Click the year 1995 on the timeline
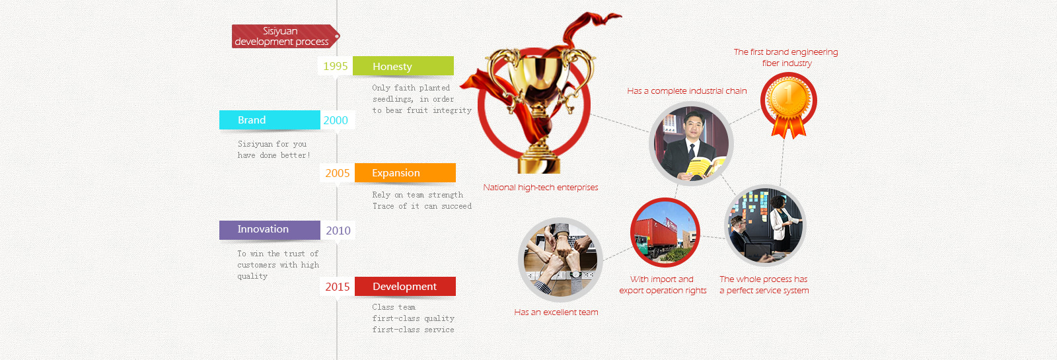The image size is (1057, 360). pyautogui.click(x=336, y=66)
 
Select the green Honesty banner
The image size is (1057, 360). pyautogui.click(x=404, y=66)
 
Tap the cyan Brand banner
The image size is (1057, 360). pyautogui.click(x=270, y=120)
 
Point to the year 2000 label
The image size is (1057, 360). pyautogui.click(x=336, y=120)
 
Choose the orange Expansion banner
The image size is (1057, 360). pyautogui.click(x=406, y=172)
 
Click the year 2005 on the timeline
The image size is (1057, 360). pyautogui.click(x=338, y=173)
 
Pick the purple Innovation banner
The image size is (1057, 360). pyautogui.click(x=270, y=230)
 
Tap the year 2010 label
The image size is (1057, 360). pyautogui.click(x=338, y=231)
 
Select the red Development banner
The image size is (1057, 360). pyautogui.click(x=406, y=287)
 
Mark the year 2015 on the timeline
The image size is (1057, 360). pyautogui.click(x=338, y=287)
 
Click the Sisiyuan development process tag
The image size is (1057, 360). pyautogui.click(x=285, y=36)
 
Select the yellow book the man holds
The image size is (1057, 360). pyautogui.click(x=704, y=168)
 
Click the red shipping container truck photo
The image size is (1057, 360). pyautogui.click(x=665, y=232)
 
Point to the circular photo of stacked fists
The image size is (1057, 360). pyautogui.click(x=560, y=260)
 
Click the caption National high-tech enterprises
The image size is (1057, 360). pyautogui.click(x=540, y=188)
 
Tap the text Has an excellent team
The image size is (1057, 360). pyautogui.click(x=556, y=312)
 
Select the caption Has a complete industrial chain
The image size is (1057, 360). pyautogui.click(x=686, y=91)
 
